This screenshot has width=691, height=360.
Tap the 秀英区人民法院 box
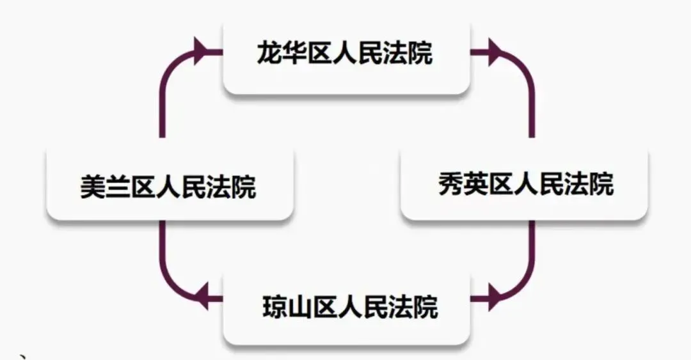525,185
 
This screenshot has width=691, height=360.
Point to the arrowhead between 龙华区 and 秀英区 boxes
494,52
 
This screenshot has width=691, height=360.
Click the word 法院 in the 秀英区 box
588,185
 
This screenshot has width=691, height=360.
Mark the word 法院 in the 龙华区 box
408,54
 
